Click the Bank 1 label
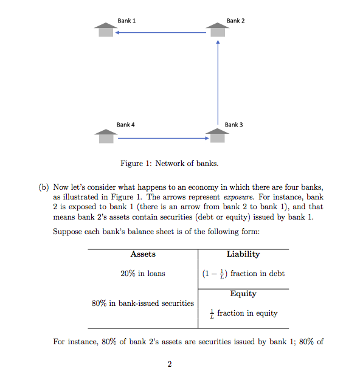126,21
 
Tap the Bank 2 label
235,21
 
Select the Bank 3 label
234,125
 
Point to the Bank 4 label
126,125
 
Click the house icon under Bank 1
106,30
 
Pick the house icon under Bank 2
218,30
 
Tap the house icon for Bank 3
217,135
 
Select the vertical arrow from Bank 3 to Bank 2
218,82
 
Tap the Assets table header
143,254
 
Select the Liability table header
243,254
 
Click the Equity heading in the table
243,294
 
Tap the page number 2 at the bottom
170,364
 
